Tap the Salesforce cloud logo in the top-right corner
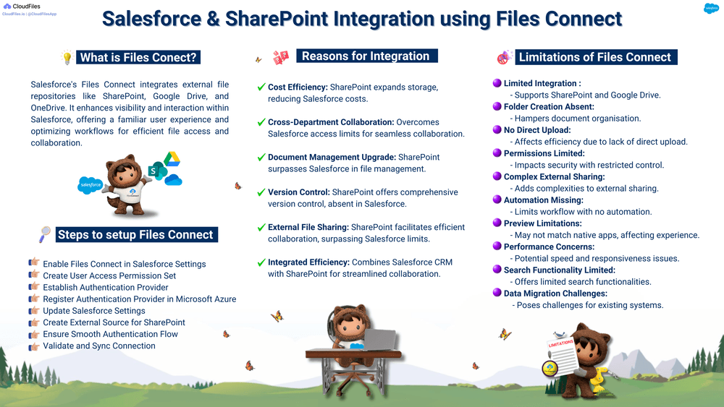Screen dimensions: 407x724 (711, 9)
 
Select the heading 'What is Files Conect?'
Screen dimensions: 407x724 (138, 58)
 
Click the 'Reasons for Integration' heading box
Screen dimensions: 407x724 (366, 56)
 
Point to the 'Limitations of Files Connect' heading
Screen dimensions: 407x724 (595, 57)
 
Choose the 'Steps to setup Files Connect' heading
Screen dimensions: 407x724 (135, 234)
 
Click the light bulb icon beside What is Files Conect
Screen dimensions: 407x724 (67, 57)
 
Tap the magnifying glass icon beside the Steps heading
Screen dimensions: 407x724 (45, 234)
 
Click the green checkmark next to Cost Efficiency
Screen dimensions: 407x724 (261, 87)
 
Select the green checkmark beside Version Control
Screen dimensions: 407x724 (261, 192)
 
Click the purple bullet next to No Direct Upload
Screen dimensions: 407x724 (497, 130)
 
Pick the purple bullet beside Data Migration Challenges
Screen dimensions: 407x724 (497, 294)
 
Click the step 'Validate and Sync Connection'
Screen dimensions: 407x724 (98, 346)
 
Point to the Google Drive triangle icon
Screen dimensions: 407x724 (171, 159)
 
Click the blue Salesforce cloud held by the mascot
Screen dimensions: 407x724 (90, 185)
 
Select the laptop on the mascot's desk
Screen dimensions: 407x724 (378, 340)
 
